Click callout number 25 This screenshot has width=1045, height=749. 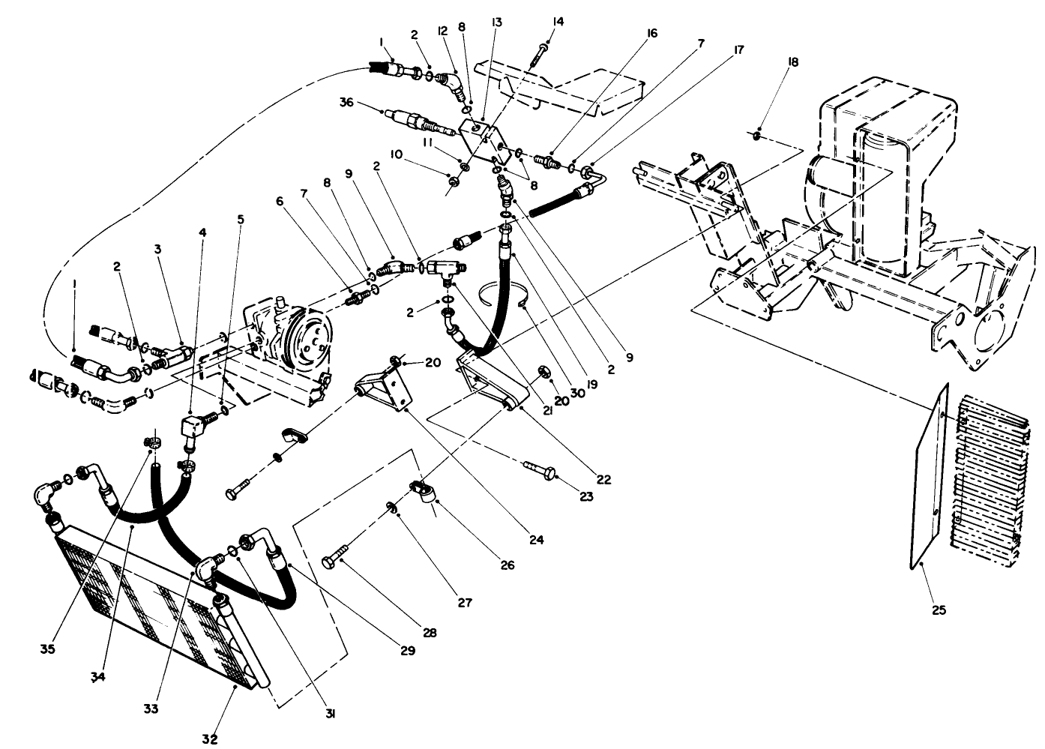(x=939, y=610)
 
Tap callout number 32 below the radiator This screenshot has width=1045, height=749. (x=210, y=739)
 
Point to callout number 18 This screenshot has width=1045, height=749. (x=793, y=63)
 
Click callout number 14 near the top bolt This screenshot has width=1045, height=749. (x=555, y=22)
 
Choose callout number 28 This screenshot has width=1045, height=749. (x=429, y=632)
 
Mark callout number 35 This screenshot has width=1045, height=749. (x=47, y=649)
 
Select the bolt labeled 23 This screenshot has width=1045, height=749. (x=539, y=470)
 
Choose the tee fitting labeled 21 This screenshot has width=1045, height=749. (x=448, y=267)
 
